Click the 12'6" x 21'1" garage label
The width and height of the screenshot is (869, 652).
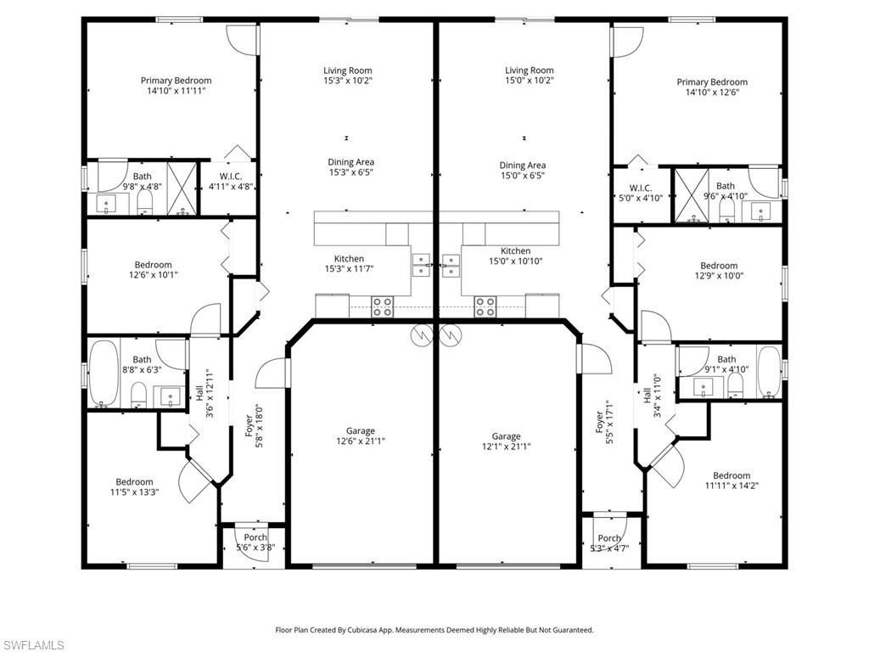360,436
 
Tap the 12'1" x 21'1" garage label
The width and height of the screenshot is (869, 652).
506,441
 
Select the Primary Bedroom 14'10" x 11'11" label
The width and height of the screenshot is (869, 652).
176,86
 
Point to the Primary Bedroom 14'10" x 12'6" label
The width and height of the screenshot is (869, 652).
712,87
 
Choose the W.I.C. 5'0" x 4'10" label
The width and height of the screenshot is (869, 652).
640,193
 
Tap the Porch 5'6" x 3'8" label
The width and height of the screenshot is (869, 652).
255,542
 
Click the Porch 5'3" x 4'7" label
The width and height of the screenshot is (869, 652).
609,543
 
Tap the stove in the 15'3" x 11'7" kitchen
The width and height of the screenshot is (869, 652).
382,306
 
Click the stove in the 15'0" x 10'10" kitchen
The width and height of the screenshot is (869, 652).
485,306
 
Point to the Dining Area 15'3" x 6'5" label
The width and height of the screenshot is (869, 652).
351,167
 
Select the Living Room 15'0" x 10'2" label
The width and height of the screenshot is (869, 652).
530,76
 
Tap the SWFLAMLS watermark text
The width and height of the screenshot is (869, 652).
32,646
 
